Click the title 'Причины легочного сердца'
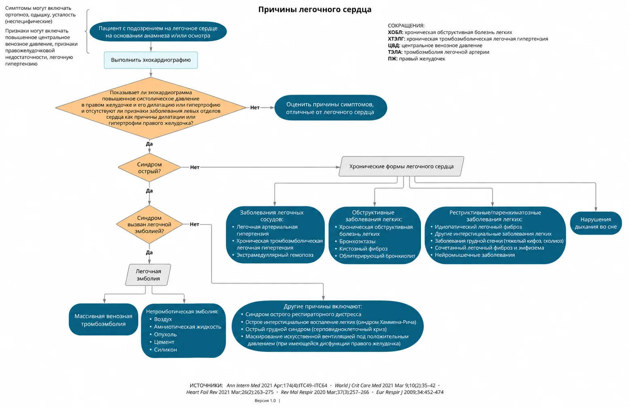point(315,10)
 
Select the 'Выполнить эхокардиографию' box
point(151,60)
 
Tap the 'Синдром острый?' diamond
point(150,167)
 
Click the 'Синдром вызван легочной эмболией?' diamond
point(150,224)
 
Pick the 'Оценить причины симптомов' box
point(331,108)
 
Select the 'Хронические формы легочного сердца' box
point(401,166)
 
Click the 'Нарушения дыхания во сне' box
point(596,223)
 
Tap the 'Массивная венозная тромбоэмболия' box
point(103,319)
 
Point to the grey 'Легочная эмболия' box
point(148,275)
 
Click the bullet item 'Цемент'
point(164,342)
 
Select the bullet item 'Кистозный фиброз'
point(363,249)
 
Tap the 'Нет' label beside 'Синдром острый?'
point(195,167)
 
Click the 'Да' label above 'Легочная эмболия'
point(150,252)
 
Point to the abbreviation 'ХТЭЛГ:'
point(396,39)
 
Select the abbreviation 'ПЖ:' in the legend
point(393,59)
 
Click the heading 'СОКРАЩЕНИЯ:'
point(406,25)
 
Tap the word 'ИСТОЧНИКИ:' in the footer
point(206,385)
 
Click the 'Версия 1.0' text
point(265,400)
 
